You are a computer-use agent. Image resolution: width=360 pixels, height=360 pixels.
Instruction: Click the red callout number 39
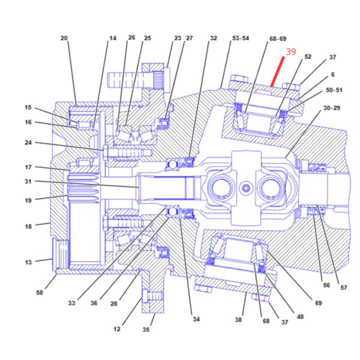(x=291, y=52)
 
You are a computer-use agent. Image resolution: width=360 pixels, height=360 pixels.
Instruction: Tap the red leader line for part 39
(x=277, y=72)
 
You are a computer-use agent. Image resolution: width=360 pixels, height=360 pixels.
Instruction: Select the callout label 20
(x=64, y=38)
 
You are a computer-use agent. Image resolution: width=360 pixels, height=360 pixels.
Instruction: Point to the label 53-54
(x=241, y=38)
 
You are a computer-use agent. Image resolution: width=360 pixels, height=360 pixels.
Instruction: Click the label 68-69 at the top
(x=278, y=38)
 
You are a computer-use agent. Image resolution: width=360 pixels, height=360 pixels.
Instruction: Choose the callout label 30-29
(x=332, y=108)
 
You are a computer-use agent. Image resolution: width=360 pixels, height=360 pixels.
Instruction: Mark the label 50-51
(x=334, y=90)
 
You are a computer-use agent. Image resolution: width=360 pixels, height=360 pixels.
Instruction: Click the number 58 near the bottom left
(x=40, y=293)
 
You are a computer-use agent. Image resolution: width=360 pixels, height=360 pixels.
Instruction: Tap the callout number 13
(x=28, y=262)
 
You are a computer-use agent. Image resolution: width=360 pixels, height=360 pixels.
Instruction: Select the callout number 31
(x=28, y=181)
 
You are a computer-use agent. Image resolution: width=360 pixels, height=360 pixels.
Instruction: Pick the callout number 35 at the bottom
(x=146, y=329)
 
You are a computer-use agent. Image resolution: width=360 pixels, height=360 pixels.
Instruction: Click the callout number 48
(x=300, y=317)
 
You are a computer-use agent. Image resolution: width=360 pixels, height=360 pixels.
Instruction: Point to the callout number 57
(x=343, y=287)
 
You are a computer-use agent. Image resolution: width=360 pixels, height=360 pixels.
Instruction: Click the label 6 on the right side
(x=332, y=74)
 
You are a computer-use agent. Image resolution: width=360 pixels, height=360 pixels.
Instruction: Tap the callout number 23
(x=178, y=38)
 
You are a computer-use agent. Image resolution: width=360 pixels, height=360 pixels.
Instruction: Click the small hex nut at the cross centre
(x=246, y=188)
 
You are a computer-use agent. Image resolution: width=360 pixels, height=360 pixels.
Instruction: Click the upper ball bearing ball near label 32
(x=172, y=164)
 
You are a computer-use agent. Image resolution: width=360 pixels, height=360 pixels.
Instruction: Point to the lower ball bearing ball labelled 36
(x=172, y=211)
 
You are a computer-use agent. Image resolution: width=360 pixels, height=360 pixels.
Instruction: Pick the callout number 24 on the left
(x=28, y=143)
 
